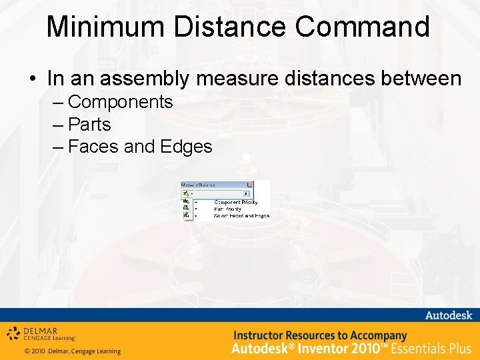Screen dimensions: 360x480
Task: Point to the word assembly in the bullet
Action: point(161,79)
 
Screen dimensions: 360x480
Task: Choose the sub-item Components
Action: point(120,102)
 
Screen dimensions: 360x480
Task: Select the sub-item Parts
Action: point(89,124)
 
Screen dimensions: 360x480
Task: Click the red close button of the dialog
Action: point(249,185)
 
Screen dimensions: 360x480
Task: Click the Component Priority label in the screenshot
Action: point(235,202)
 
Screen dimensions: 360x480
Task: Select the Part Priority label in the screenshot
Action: point(229,209)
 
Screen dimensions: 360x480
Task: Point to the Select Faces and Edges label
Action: point(241,216)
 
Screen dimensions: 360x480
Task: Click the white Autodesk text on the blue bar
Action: point(448,315)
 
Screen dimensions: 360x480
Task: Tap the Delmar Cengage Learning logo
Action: point(41,333)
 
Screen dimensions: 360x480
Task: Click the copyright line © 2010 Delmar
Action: point(72,351)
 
